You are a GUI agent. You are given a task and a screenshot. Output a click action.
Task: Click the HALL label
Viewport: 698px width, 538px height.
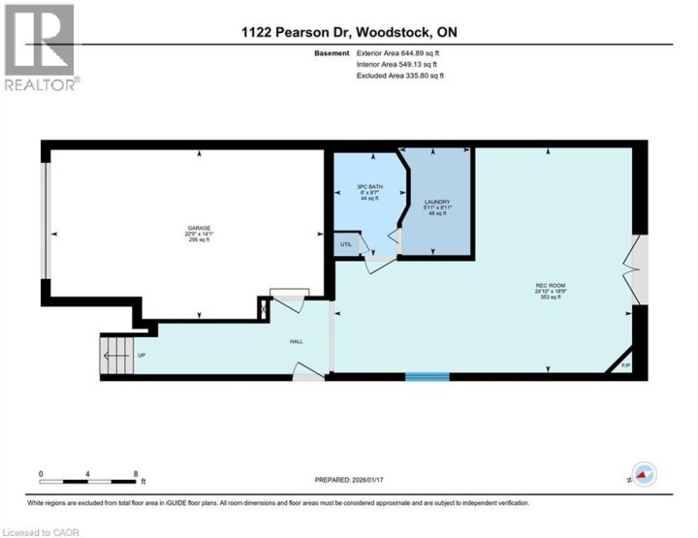tap(297, 342)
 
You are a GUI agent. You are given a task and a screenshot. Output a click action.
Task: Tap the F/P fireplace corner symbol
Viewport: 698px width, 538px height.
tap(625, 364)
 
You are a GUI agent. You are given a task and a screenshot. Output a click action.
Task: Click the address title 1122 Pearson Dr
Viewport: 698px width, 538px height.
tap(349, 32)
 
